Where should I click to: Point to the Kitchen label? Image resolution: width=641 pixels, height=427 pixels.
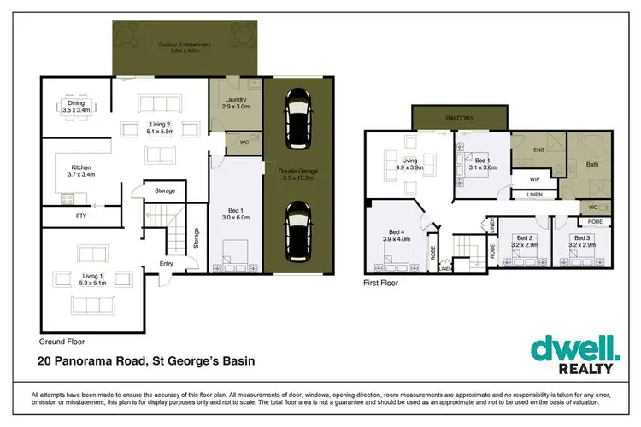[x=81, y=170]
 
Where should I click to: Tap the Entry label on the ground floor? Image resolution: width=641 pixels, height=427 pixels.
[x=166, y=263]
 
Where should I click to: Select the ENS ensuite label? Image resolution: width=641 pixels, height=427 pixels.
[x=538, y=149]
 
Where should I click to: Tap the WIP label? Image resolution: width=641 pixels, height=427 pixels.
[x=533, y=179]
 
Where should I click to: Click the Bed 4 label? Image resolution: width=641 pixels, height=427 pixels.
[x=397, y=235]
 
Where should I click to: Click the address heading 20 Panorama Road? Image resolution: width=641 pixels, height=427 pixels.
[x=145, y=361]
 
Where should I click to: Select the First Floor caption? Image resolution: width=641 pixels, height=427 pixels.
[x=382, y=281]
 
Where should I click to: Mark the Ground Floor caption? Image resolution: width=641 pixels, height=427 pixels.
[x=62, y=340]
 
